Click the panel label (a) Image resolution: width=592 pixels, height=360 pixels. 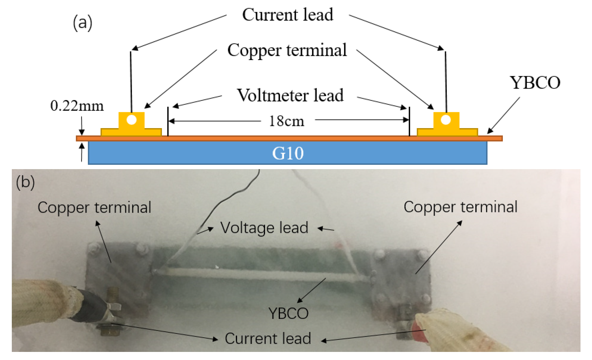click(82, 23)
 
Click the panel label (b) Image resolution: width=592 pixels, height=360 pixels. click(25, 182)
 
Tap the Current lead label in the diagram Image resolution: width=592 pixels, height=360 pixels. click(287, 15)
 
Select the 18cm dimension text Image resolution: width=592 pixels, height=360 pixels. click(286, 121)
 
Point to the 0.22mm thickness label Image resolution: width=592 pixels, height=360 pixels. click(77, 106)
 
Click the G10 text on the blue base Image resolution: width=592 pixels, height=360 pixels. click(288, 153)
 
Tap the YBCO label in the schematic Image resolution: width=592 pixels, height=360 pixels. click(535, 83)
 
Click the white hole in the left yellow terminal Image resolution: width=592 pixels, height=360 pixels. click(131, 120)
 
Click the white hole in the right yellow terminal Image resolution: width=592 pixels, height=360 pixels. click(446, 120)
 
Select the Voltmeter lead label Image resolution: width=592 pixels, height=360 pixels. click(290, 95)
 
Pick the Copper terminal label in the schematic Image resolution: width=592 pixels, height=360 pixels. click(287, 50)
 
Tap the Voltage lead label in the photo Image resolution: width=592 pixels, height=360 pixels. click(264, 228)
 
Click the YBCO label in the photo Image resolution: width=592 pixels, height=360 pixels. click(288, 313)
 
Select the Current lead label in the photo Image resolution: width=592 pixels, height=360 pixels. click(268, 338)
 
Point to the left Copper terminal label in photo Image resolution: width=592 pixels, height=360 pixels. click(94, 207)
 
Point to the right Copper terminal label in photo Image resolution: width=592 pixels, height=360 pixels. click(460, 207)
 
